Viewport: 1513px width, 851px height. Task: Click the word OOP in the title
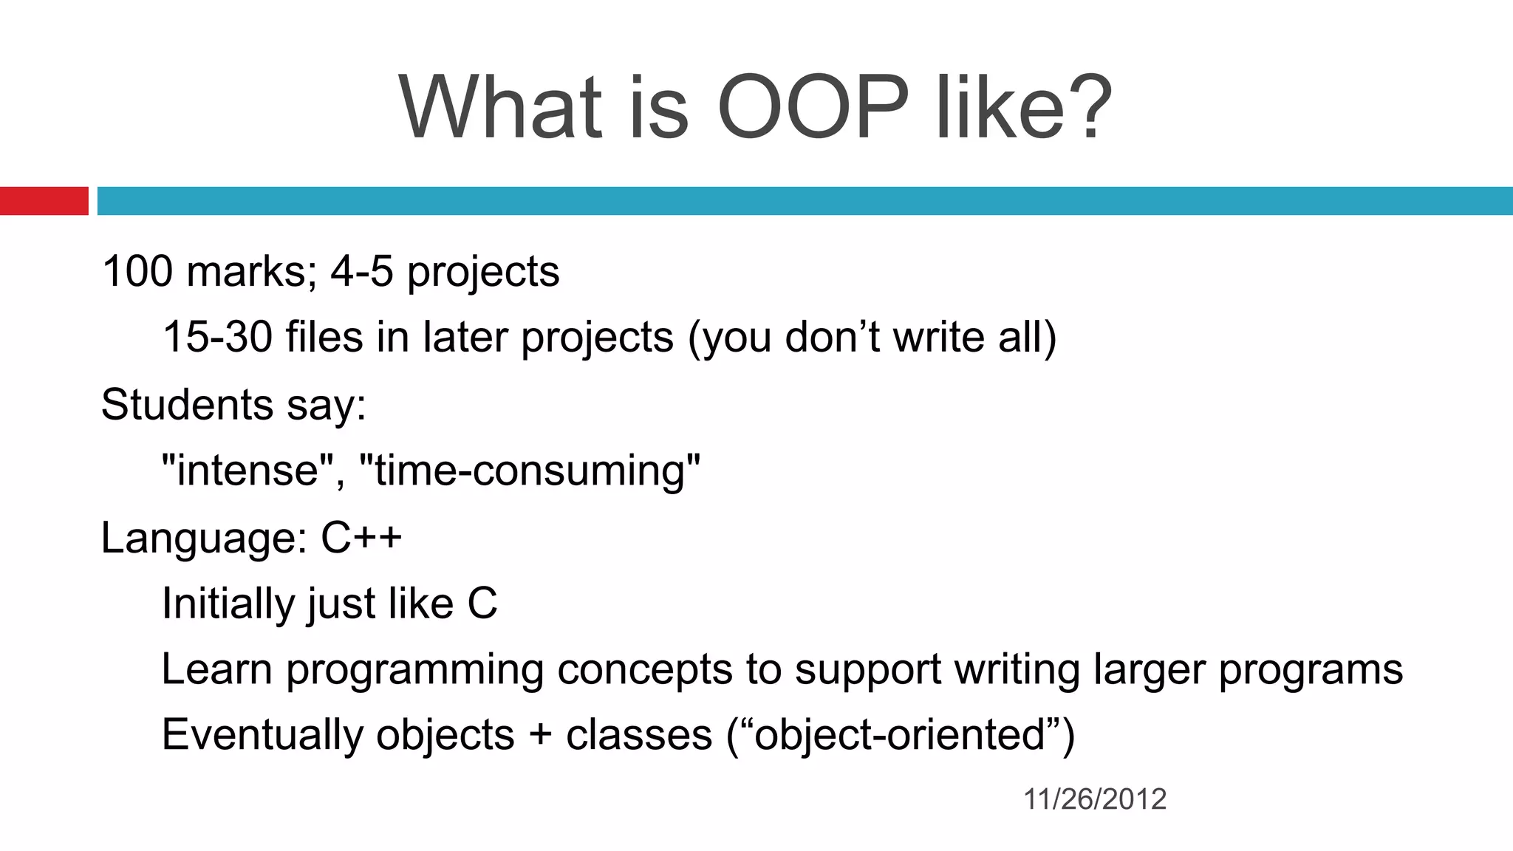click(813, 107)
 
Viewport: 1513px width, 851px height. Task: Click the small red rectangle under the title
click(44, 201)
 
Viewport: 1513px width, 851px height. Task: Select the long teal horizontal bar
click(805, 201)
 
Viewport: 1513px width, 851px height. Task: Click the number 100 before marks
click(137, 271)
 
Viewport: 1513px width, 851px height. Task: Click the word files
click(324, 337)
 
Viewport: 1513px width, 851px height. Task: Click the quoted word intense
click(247, 470)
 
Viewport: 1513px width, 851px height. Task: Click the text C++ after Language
click(361, 537)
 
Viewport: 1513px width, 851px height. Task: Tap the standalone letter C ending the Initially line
click(482, 603)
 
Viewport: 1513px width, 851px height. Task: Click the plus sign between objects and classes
click(540, 736)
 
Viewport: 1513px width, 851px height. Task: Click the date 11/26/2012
click(1095, 799)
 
